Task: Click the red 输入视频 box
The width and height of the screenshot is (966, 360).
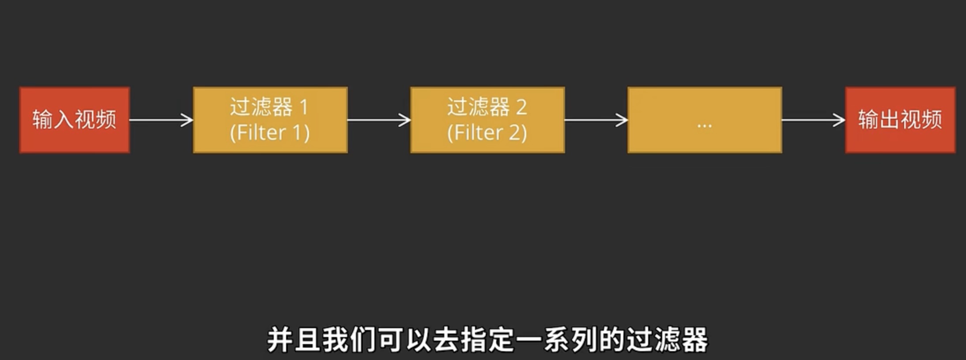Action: (74, 120)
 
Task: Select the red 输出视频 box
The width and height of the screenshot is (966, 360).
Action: (900, 120)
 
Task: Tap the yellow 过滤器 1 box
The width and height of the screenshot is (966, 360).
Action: (270, 120)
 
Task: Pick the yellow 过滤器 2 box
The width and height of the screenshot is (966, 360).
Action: (487, 120)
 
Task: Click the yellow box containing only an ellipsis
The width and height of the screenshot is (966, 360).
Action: (705, 120)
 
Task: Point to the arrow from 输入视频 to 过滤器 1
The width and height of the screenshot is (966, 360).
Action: (161, 120)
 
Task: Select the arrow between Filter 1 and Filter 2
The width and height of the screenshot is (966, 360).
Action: (379, 120)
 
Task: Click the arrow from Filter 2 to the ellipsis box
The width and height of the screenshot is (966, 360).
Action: (596, 120)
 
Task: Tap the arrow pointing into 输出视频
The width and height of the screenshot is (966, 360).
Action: (813, 120)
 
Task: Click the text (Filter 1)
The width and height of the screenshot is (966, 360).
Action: (270, 133)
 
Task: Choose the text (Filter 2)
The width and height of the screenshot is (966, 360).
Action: (487, 133)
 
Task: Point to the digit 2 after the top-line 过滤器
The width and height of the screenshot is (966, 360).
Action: (521, 107)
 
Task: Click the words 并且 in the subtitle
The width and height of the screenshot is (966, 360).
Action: (294, 340)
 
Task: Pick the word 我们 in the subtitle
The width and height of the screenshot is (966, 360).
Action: (349, 340)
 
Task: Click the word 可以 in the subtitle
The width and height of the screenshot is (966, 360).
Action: (404, 340)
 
